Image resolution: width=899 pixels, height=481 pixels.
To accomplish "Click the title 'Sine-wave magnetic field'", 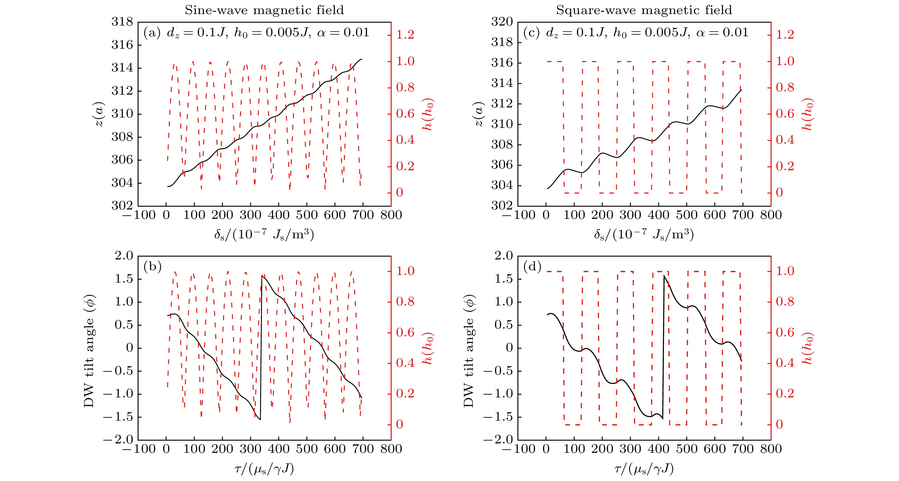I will pyautogui.click(x=264, y=10).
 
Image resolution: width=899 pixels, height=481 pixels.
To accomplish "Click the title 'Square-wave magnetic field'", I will pyautogui.click(x=644, y=10).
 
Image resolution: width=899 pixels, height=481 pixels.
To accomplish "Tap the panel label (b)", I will pyautogui.click(x=152, y=267).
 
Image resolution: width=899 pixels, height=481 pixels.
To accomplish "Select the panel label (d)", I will pyautogui.click(x=532, y=267).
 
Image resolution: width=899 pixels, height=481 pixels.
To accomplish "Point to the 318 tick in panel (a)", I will pyautogui.click(x=122, y=21).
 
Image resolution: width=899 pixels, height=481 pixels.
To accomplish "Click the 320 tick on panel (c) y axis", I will pyautogui.click(x=502, y=21).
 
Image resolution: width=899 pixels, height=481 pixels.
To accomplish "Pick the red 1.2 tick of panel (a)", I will pyautogui.click(x=405, y=35).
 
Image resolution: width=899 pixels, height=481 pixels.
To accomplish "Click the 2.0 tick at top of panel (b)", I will pyautogui.click(x=124, y=256).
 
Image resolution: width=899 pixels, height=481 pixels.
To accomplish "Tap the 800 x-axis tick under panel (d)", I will pyautogui.click(x=771, y=448).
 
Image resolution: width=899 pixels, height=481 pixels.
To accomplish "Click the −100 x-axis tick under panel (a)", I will pyautogui.click(x=139, y=215).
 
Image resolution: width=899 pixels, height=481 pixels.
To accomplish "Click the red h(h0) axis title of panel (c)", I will pyautogui.click(x=808, y=114).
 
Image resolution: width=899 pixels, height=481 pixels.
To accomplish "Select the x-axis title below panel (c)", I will pyautogui.click(x=644, y=234).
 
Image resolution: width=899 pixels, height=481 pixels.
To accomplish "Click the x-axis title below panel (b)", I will pyautogui.click(x=264, y=469).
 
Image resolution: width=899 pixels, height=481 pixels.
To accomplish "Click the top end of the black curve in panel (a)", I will pyautogui.click(x=362, y=59).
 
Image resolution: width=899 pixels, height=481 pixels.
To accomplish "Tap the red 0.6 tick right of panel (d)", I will pyautogui.click(x=785, y=332).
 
